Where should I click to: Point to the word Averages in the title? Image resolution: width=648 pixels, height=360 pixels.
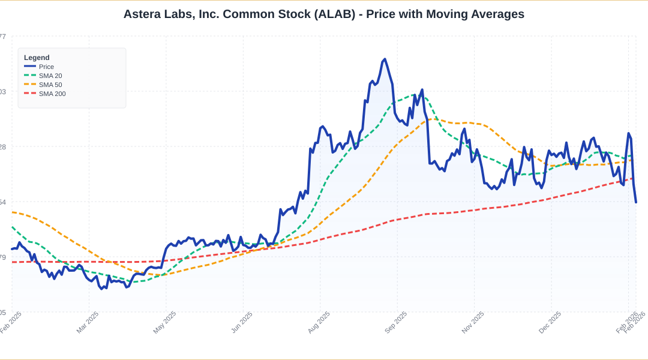pos(496,14)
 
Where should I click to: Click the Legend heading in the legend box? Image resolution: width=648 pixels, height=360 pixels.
pos(37,58)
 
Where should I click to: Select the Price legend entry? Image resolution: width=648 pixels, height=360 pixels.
pos(46,67)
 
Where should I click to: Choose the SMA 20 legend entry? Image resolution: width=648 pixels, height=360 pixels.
pos(50,76)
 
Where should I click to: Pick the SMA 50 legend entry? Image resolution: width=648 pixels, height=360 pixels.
pos(50,85)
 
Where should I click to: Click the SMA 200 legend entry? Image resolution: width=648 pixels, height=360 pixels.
pos(52,94)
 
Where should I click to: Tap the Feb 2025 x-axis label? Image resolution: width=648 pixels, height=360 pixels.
pos(11,322)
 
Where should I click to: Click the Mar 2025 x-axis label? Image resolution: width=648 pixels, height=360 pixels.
pos(88,322)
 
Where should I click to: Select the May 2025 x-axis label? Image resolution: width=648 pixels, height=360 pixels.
pos(165,322)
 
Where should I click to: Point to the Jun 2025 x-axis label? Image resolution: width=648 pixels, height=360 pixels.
pos(242,322)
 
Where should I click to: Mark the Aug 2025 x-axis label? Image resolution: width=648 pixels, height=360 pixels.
pos(319,322)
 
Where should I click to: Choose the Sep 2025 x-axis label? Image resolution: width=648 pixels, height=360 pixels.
pos(396,322)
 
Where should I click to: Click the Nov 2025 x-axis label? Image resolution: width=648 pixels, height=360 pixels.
pos(473,322)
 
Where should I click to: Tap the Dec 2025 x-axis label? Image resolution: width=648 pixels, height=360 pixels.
pos(550,322)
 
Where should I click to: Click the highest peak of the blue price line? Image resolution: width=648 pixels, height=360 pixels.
pos(385,59)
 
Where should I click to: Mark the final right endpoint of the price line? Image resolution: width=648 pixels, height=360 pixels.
pos(636,202)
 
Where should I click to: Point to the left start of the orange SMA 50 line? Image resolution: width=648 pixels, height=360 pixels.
pos(12,212)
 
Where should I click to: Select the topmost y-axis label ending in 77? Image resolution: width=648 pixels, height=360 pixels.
pos(2,37)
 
